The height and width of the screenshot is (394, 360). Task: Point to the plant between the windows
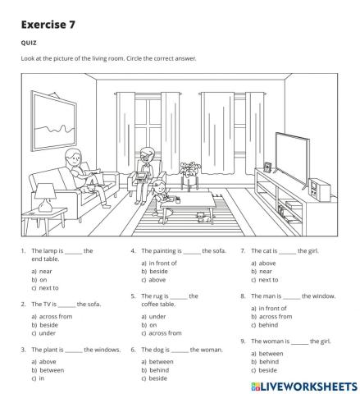click(x=190, y=172)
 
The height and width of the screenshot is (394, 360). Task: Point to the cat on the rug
click(x=199, y=217)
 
